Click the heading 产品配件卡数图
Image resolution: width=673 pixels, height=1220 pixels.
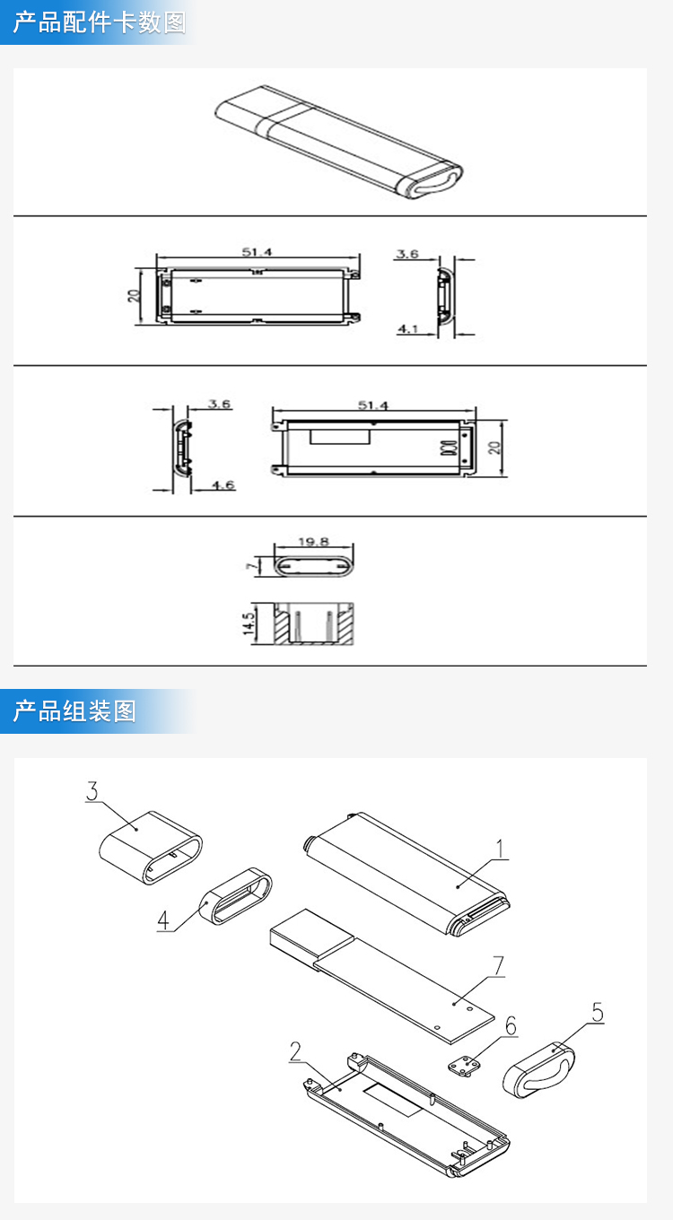pos(100,22)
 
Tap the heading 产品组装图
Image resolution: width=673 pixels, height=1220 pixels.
pos(74,711)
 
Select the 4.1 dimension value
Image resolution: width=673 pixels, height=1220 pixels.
pos(408,329)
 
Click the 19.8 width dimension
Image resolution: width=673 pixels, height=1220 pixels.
pos(314,542)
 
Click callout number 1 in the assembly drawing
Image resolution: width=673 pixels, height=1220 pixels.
pos(501,848)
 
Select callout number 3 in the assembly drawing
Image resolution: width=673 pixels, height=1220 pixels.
pos(92,792)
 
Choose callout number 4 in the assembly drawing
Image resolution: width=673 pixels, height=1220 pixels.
pos(163,919)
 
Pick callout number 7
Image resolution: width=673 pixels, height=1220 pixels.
pos(499,966)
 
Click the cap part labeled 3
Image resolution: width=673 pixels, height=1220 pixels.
pos(149,847)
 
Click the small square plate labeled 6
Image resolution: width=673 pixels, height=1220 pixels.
pos(464,1066)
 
